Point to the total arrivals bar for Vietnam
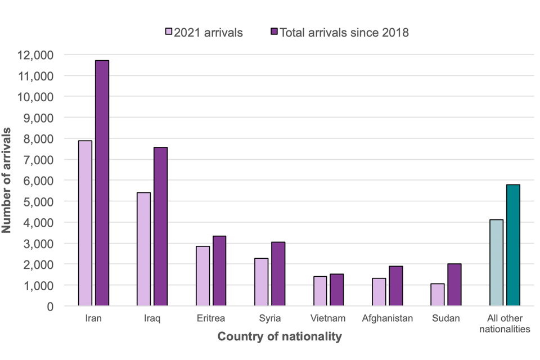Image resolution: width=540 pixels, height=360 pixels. click(336, 290)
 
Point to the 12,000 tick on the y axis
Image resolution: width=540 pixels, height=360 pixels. click(36, 55)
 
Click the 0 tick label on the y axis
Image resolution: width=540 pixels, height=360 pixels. click(49, 306)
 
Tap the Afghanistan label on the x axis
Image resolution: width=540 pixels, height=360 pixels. click(387, 318)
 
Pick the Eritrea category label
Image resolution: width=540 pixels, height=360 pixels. click(211, 318)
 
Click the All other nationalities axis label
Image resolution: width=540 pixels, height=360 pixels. click(505, 323)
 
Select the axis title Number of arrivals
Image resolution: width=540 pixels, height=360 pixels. click(8, 180)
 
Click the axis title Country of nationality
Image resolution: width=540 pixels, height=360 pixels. click(279, 337)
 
